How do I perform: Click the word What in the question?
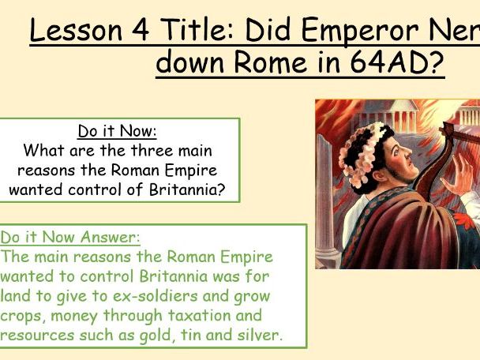[x=44, y=150]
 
